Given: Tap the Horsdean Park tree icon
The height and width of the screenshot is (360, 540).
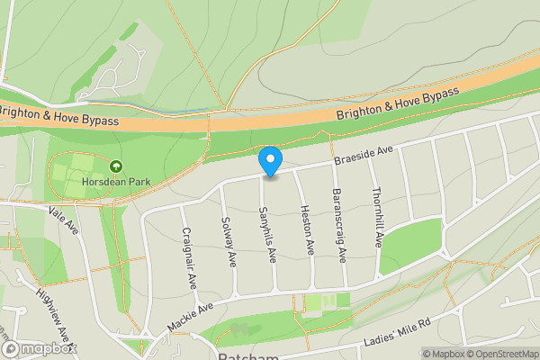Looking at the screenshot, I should [x=116, y=166].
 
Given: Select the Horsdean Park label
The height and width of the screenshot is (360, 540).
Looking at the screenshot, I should [x=115, y=181].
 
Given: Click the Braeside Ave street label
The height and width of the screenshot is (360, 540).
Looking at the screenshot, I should [x=364, y=155].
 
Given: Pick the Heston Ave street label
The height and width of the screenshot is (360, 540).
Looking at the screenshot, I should [x=308, y=226].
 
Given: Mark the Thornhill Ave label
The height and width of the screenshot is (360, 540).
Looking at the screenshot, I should [x=377, y=218].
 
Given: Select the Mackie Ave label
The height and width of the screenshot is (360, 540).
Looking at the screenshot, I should [x=190, y=318].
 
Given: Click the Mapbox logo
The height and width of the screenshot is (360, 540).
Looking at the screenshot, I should [x=39, y=348].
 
